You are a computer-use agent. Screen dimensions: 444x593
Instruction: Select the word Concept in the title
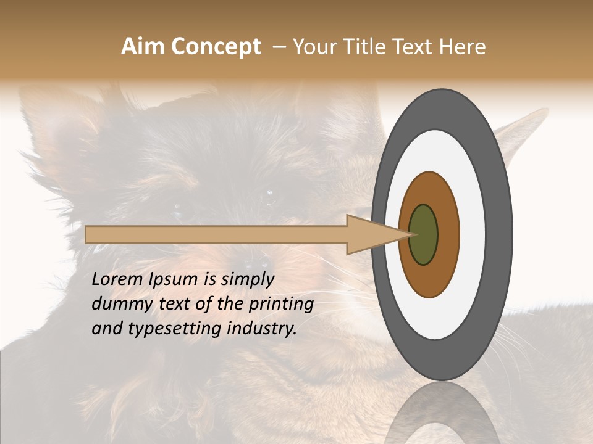point(215,47)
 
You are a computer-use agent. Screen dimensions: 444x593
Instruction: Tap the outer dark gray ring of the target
point(499,235)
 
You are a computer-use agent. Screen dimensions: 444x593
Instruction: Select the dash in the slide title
point(279,47)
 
